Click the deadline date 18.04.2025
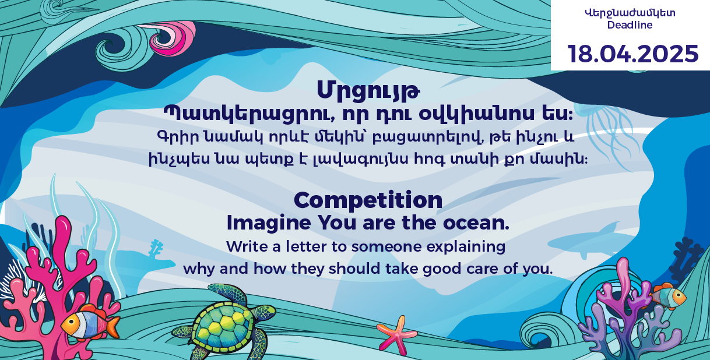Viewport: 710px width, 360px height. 633,54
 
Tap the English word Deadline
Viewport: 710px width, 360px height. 630,25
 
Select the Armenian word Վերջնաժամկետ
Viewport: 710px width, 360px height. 630,12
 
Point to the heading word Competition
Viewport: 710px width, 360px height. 368,200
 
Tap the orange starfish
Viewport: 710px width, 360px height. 397,334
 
